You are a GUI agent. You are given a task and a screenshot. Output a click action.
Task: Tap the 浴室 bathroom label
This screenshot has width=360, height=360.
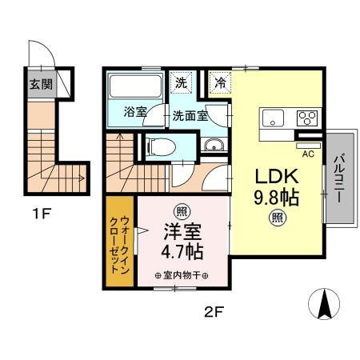135,113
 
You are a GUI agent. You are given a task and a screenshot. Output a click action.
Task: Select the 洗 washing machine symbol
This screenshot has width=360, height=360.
182,82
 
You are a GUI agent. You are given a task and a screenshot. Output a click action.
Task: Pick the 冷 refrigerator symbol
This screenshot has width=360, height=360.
219,82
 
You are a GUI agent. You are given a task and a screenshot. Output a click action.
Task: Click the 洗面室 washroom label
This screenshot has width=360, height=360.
189,114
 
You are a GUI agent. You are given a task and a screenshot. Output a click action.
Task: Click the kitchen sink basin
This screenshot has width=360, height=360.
274,118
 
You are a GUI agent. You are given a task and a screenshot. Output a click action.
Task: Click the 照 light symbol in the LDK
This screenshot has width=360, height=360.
277,215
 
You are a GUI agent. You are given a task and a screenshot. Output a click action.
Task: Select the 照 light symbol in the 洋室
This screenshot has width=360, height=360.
183,211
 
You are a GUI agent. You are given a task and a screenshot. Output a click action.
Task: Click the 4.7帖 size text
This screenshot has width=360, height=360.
183,251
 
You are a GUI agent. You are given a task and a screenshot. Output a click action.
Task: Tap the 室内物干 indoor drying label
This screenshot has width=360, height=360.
182,277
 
